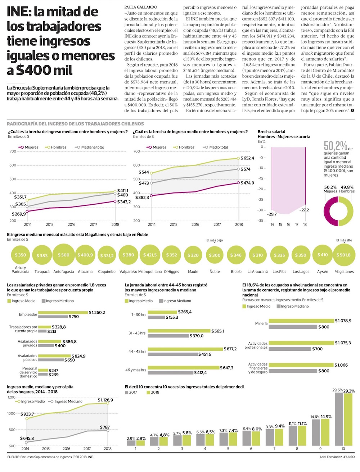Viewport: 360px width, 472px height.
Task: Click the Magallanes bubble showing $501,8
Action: tap(344, 255)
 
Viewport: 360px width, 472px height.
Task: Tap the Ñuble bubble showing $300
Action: tap(215, 255)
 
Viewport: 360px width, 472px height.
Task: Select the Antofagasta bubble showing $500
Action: tap(64, 255)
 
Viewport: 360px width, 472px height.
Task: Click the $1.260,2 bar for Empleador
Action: tap(63, 312)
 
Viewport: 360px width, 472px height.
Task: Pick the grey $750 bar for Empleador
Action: tap(53, 317)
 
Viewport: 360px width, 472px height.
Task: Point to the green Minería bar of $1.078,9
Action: tap(301, 321)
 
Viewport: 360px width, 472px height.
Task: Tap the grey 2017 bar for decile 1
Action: tap(131, 443)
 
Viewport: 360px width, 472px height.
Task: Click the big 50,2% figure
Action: tap(335, 146)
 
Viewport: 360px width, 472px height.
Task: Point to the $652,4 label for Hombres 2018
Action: tap(247, 158)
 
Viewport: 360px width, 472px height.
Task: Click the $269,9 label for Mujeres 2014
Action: tap(19, 214)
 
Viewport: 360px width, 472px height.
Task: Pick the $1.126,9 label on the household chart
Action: tap(105, 400)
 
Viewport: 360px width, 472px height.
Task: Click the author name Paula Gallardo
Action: tap(141, 7)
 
